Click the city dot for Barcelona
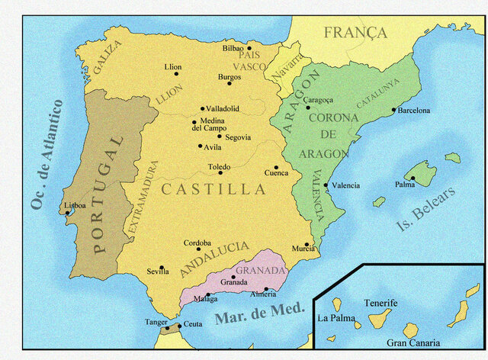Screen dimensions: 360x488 (394, 110)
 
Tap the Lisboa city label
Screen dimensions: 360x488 (75, 205)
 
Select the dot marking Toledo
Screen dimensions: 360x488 (221, 172)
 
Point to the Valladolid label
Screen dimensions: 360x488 (223, 109)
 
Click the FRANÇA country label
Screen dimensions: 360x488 (355, 33)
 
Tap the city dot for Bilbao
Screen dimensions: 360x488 (249, 48)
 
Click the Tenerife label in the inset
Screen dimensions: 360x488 (380, 303)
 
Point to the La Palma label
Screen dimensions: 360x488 (336, 319)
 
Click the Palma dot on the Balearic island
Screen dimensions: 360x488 (413, 178)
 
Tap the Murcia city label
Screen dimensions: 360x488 (303, 249)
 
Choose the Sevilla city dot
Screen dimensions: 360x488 (162, 268)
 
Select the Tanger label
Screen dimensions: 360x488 (156, 322)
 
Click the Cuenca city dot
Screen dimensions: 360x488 (276, 167)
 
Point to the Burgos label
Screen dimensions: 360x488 (230, 77)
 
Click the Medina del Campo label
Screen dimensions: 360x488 (213, 124)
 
